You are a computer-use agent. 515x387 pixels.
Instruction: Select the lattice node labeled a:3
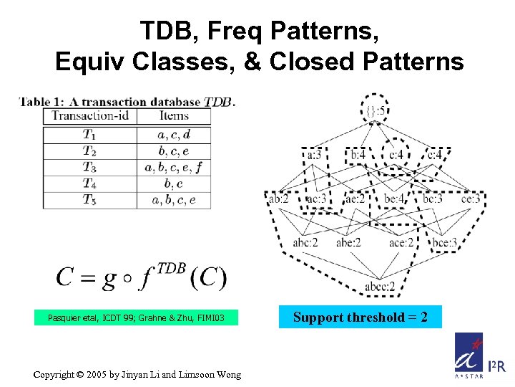click(x=315, y=154)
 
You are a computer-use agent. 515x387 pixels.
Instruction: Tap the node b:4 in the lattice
click(x=358, y=154)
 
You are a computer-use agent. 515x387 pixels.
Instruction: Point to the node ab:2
click(x=279, y=199)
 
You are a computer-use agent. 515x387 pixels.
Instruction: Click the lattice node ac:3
click(x=315, y=199)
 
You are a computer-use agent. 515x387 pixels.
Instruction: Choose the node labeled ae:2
click(x=354, y=199)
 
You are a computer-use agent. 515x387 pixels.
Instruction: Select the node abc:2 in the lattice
click(x=305, y=242)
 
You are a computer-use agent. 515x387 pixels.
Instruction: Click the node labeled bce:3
click(x=444, y=242)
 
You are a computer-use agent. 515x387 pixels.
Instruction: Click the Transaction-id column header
click(x=90, y=115)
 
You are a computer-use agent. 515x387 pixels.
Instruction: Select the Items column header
click(x=174, y=115)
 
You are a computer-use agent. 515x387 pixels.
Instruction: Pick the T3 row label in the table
click(x=90, y=168)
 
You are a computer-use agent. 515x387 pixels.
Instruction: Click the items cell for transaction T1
click(x=174, y=135)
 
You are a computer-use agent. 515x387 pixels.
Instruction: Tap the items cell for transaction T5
click(x=174, y=200)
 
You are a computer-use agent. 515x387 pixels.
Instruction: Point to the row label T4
click(x=90, y=184)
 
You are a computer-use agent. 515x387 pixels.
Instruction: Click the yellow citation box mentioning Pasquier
click(x=136, y=317)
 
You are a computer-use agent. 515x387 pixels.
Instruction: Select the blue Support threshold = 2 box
click(x=360, y=317)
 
